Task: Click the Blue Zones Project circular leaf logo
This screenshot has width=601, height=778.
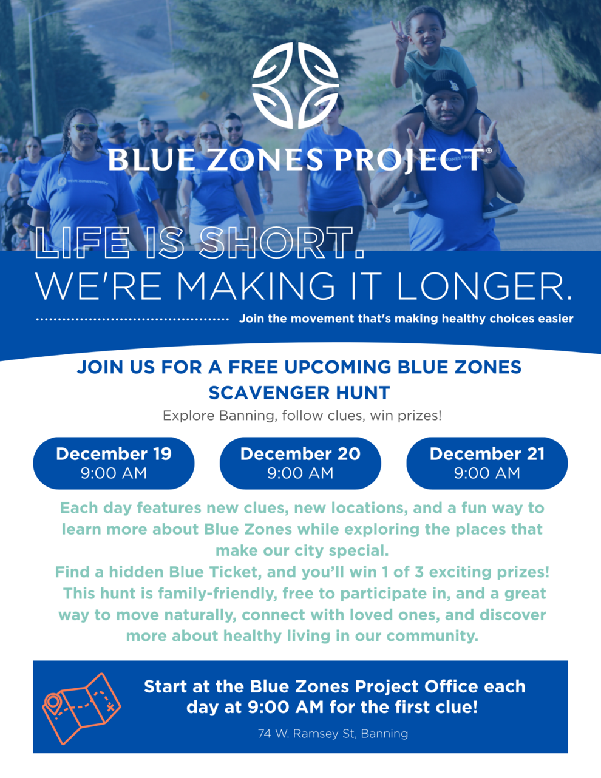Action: click(296, 86)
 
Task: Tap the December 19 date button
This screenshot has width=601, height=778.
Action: click(114, 463)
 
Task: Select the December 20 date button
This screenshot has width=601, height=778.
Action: click(300, 463)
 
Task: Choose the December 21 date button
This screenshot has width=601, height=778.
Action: click(487, 463)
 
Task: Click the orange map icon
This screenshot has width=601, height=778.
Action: click(81, 708)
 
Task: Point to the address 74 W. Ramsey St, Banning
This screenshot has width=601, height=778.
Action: click(333, 734)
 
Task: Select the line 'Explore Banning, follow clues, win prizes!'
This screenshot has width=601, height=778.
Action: click(302, 416)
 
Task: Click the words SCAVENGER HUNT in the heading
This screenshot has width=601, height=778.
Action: click(299, 393)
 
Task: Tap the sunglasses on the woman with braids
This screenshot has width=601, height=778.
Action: click(84, 127)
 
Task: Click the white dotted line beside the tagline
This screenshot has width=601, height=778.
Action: click(132, 319)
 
